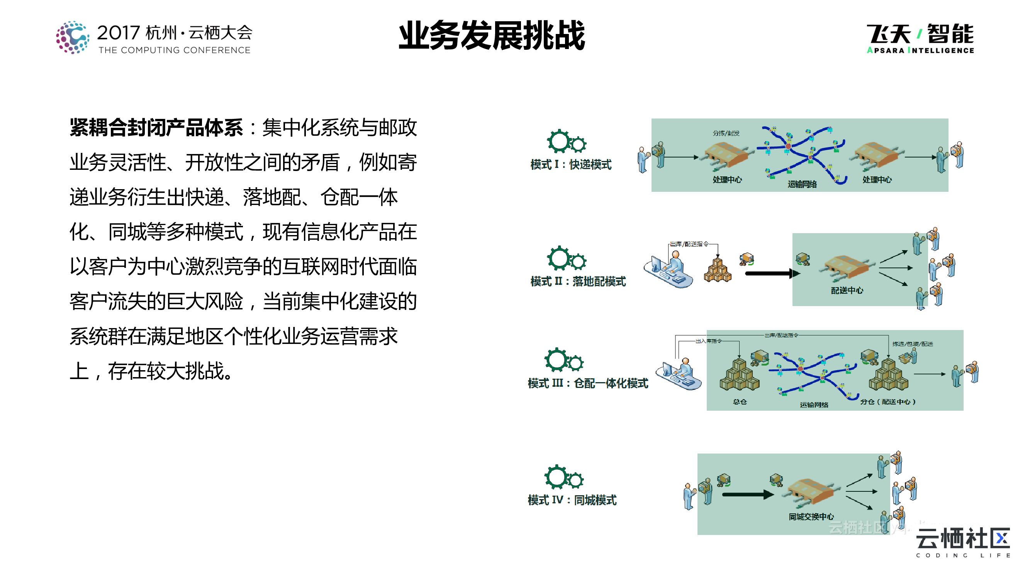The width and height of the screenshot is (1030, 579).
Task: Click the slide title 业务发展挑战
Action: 492,36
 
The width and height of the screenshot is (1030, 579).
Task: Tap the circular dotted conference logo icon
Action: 72,37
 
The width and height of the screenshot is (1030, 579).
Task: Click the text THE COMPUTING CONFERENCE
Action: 174,50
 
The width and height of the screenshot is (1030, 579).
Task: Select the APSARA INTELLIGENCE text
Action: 920,50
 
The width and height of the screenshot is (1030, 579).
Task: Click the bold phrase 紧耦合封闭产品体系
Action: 156,128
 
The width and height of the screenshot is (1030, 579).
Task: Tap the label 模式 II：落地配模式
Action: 578,282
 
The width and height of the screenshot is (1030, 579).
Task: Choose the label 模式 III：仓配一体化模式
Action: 588,384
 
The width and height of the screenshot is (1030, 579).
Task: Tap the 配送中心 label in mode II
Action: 847,291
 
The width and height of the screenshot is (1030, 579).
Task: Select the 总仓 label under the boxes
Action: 740,402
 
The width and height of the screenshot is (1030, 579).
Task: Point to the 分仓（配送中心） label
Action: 888,402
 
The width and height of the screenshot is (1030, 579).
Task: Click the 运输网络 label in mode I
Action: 802,184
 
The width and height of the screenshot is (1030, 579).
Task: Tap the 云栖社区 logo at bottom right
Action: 963,542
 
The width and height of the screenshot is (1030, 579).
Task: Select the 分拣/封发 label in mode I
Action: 726,134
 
